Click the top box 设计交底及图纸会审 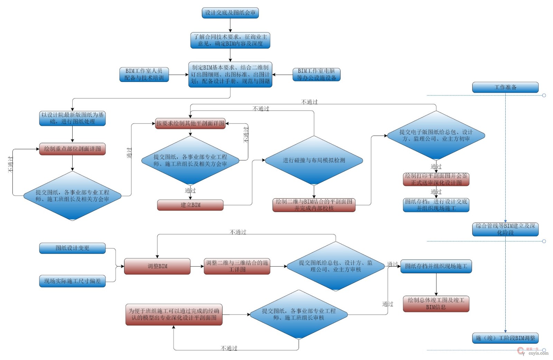230,13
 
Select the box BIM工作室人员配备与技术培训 144,75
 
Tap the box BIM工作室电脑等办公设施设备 316,75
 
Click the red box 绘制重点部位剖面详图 72,149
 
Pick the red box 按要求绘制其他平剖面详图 190,123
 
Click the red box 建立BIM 190,205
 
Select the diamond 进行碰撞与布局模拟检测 314,160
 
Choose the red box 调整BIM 157,266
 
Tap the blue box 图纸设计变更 72,248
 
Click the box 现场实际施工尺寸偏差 72,281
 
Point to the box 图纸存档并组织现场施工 436,266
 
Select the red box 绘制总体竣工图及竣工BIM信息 436,304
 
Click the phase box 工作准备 505,87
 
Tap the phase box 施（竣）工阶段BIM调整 505,338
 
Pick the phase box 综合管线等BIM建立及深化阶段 505,229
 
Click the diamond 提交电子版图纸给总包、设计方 436,135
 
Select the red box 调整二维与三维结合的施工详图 237,266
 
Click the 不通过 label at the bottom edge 229,348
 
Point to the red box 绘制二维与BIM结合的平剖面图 314,205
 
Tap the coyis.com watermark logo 534,352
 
